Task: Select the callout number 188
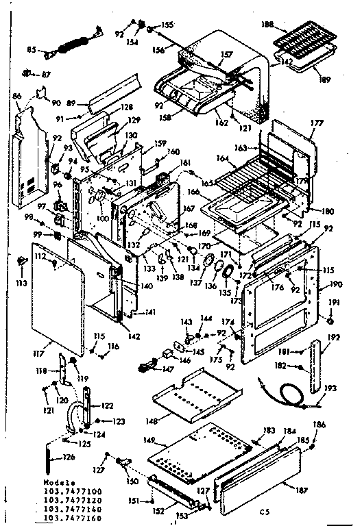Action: [x=269, y=25]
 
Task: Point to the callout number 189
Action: [x=324, y=79]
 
